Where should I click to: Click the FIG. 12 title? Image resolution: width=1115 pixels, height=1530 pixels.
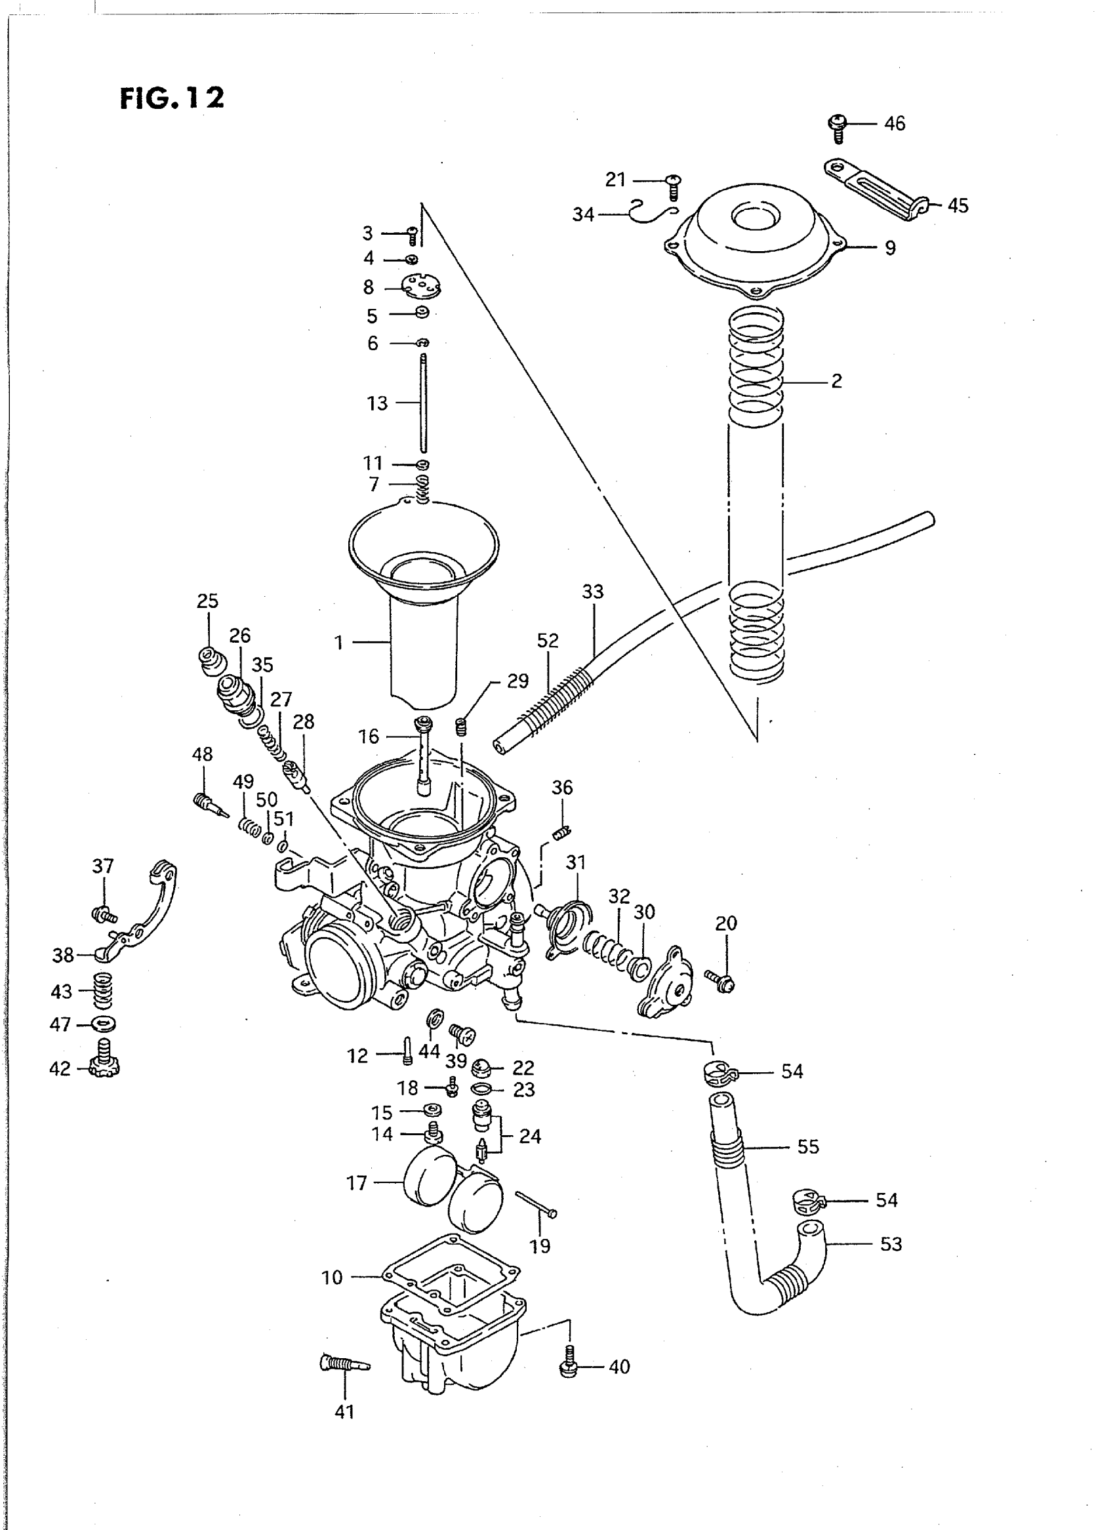[x=171, y=98]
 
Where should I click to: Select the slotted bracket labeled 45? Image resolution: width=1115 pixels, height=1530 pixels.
[x=876, y=187]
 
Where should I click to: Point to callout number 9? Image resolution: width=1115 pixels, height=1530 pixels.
[x=890, y=249]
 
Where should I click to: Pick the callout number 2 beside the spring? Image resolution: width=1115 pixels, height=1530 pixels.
[x=836, y=381]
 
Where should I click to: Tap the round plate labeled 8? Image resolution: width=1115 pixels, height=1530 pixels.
[x=421, y=287]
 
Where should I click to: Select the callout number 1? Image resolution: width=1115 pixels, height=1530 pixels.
[x=339, y=643]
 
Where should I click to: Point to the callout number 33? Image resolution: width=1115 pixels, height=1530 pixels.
[x=593, y=592]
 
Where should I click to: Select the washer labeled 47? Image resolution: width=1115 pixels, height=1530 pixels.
[x=102, y=1024]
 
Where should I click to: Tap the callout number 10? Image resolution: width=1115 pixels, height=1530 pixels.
[x=332, y=1278]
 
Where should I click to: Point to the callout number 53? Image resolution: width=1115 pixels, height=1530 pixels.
[x=891, y=1244]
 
